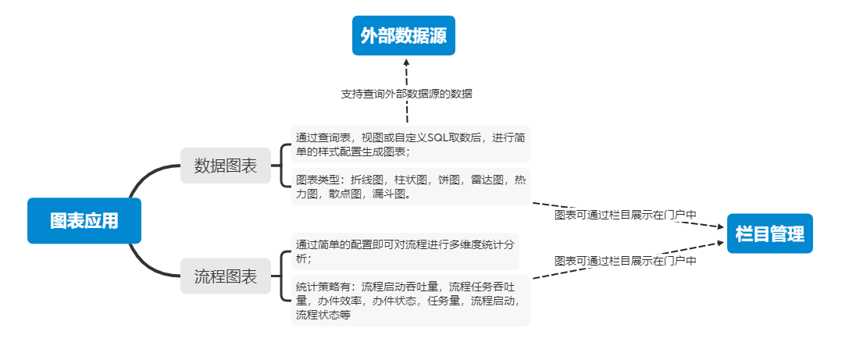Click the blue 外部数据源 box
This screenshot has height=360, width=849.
(x=403, y=36)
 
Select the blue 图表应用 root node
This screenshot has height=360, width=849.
(x=84, y=220)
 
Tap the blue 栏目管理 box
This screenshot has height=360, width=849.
(x=769, y=233)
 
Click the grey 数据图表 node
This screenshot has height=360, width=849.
(x=226, y=166)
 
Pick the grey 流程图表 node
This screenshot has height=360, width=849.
(x=226, y=276)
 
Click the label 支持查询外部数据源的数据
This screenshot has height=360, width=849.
(x=406, y=94)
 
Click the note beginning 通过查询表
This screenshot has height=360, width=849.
(x=410, y=144)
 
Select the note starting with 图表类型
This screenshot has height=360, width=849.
(x=410, y=187)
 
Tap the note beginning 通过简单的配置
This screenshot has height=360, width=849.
(x=405, y=250)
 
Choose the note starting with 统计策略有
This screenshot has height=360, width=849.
(x=410, y=300)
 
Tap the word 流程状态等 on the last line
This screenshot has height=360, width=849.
(x=323, y=315)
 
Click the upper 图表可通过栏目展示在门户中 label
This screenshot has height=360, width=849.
(x=625, y=215)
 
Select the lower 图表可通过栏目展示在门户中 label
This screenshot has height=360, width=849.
(x=625, y=261)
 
